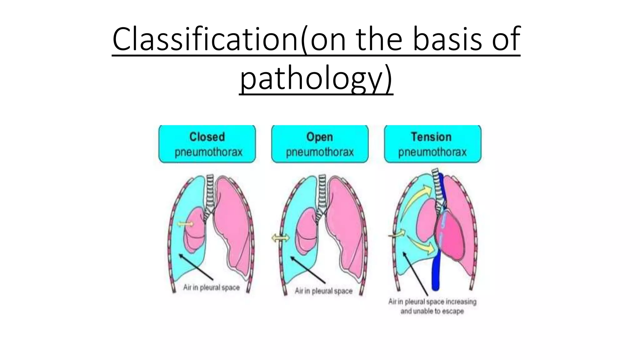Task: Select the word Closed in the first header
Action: (x=207, y=137)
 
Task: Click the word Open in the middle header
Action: (x=319, y=137)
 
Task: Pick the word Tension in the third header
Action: (x=431, y=137)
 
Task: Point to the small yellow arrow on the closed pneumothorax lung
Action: (x=185, y=224)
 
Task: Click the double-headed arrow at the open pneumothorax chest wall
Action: (x=280, y=238)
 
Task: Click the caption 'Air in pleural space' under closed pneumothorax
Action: (x=211, y=287)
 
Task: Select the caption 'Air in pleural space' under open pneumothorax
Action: (x=323, y=291)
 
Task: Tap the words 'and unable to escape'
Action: (x=432, y=311)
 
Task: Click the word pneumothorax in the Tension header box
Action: (x=432, y=152)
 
